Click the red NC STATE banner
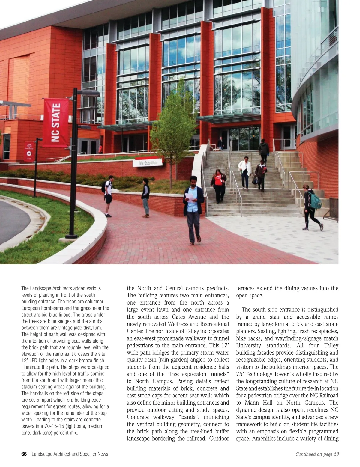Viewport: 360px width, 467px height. pyautogui.click(x=56, y=123)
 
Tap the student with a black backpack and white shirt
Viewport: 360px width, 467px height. pyautogui.click(x=108, y=195)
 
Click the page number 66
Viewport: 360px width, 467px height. pyautogui.click(x=24, y=454)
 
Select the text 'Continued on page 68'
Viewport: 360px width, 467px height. pyautogui.click(x=317, y=454)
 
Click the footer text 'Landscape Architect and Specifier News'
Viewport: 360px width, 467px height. pyautogui.click(x=70, y=454)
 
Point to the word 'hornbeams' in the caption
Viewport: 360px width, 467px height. pyautogui.click(x=54, y=308)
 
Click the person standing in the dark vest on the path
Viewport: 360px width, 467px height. pyautogui.click(x=145, y=197)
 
